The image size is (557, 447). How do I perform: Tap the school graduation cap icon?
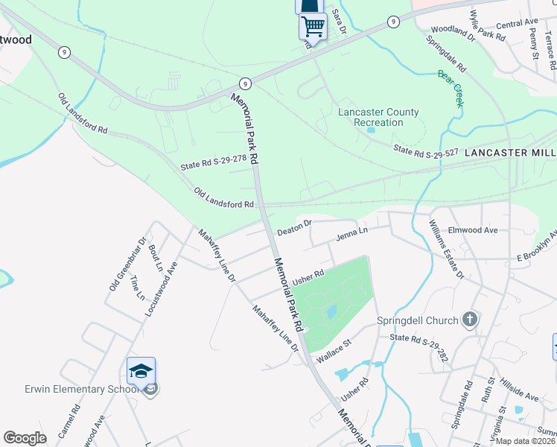(141, 370)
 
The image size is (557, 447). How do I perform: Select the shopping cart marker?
(313, 26)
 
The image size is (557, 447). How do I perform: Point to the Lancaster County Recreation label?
(378, 117)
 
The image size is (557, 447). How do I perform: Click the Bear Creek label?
(451, 88)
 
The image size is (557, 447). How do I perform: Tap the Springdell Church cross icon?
(469, 320)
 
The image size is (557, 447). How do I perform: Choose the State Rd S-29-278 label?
(213, 162)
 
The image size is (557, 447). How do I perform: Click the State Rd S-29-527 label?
(425, 151)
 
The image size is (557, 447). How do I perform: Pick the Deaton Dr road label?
(294, 226)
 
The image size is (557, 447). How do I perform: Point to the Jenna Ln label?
(352, 234)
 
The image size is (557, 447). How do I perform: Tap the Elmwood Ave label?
(474, 230)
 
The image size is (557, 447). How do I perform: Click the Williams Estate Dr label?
(448, 250)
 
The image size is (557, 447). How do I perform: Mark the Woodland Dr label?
(453, 31)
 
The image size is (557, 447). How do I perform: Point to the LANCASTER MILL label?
(510, 152)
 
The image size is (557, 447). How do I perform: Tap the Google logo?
(25, 438)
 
